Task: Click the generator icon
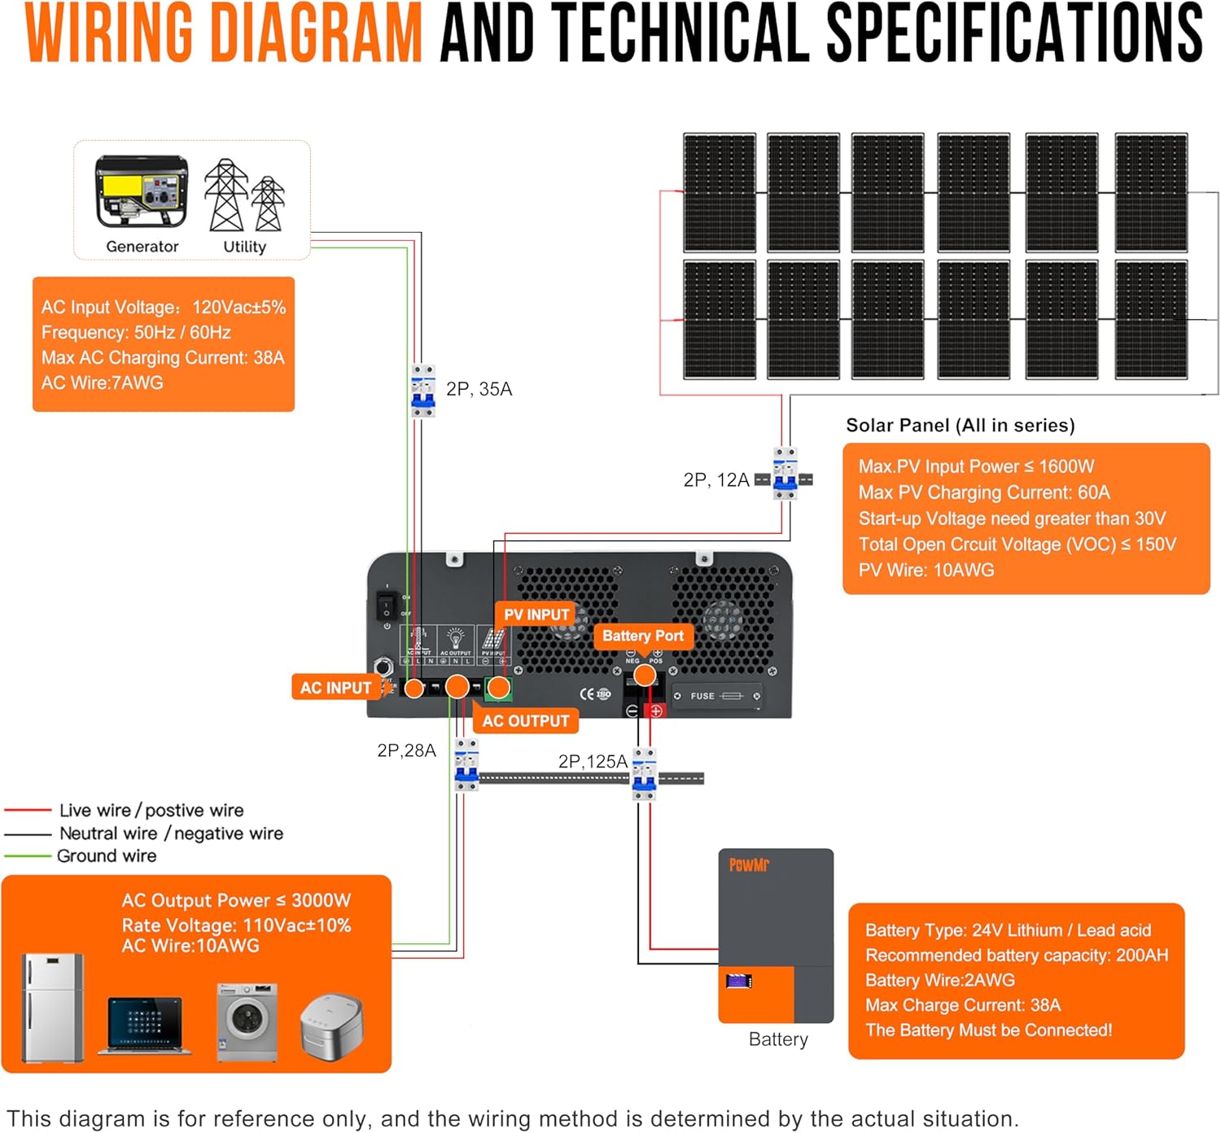142,192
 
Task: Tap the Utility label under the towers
244,246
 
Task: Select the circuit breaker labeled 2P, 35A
422,391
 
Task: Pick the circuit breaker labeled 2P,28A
466,765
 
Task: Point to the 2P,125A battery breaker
644,774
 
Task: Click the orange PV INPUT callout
536,615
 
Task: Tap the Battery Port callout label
642,636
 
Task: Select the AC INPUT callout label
335,688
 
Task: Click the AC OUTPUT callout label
525,720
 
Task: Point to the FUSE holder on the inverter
717,696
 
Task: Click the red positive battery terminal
655,711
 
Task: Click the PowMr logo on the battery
749,864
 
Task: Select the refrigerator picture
53,1008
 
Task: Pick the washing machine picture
247,1021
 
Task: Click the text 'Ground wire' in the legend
107,855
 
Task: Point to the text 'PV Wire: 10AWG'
926,570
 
